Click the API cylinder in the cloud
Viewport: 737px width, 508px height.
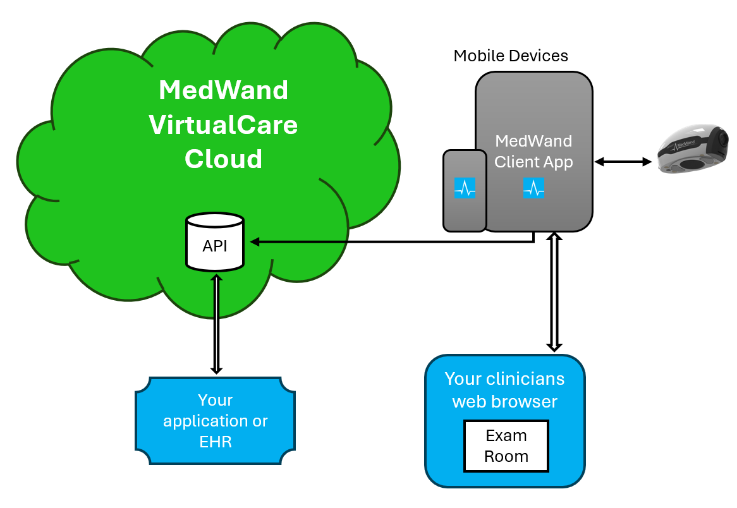pos(215,243)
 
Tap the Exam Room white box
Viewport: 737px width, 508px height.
pos(506,446)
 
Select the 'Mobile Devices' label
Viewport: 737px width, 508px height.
pos(511,56)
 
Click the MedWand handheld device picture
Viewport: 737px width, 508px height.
pos(693,150)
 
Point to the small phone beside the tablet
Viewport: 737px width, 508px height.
pos(465,190)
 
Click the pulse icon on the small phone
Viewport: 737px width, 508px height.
pos(465,188)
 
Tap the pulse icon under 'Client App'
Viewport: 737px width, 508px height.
pos(533,188)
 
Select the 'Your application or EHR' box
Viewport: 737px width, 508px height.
pos(216,421)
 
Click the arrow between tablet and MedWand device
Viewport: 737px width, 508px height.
pos(623,162)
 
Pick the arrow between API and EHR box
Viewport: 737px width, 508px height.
pos(216,324)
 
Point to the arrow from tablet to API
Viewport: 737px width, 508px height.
pos(392,241)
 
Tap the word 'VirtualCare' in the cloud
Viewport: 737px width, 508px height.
pos(223,124)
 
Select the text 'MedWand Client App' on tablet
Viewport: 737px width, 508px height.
pos(533,152)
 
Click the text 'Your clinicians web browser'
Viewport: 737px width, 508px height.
pos(504,389)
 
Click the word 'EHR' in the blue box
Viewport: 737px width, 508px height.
pos(216,441)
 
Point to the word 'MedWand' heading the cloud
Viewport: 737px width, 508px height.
pos(223,90)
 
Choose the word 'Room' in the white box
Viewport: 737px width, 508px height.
pos(506,456)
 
